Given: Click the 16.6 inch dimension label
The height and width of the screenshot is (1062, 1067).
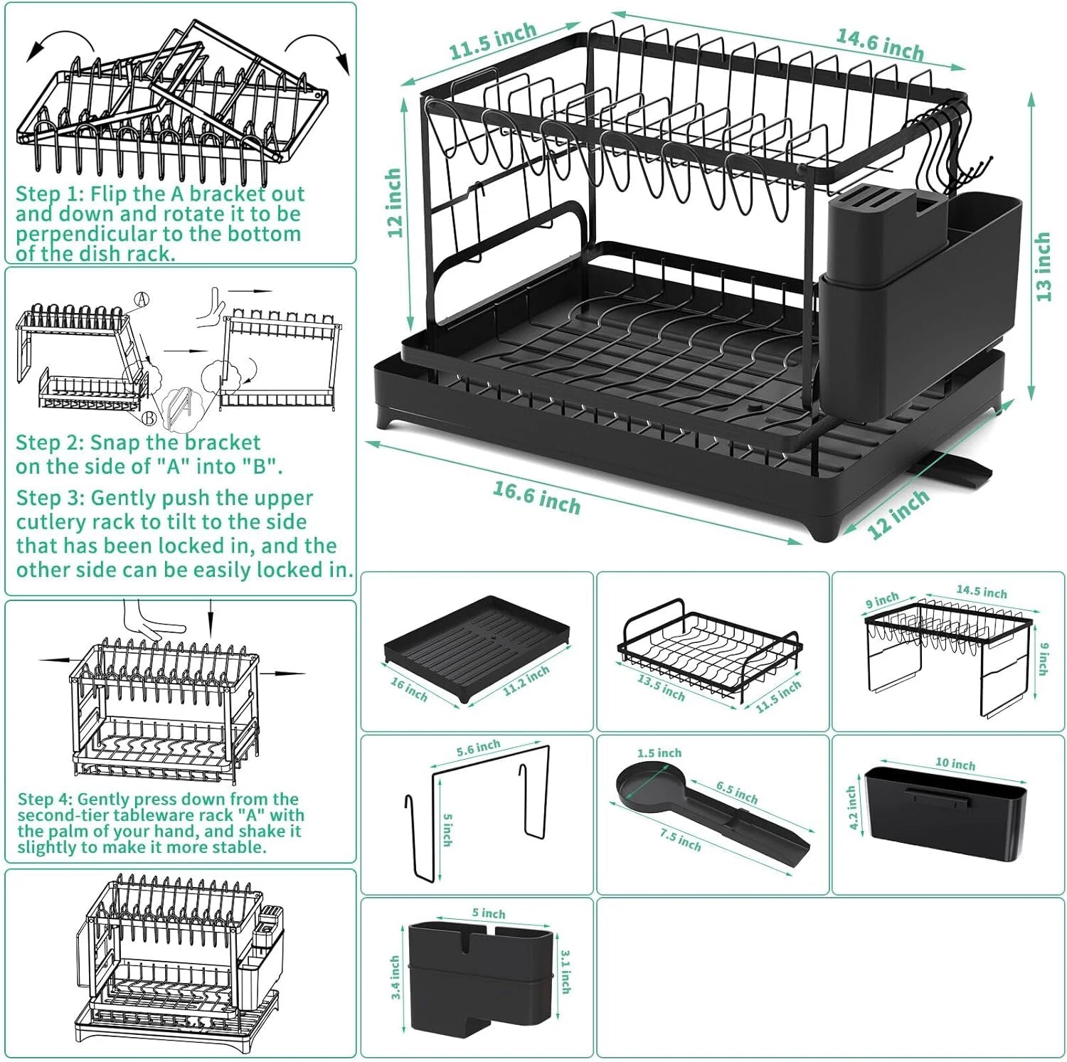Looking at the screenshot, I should pyautogui.click(x=537, y=497).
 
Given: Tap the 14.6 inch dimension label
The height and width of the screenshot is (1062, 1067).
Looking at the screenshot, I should pyautogui.click(x=879, y=44).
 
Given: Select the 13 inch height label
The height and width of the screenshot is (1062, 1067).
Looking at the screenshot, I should pyautogui.click(x=1043, y=267).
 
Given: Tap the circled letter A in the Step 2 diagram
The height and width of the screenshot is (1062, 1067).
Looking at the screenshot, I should pyautogui.click(x=142, y=299).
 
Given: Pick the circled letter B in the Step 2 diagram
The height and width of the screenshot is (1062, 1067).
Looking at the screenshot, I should pyautogui.click(x=149, y=418).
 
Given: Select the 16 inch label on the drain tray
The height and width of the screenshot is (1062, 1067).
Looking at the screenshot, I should pyautogui.click(x=409, y=689).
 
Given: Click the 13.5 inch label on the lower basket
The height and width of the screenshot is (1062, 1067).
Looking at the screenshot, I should pyautogui.click(x=661, y=688).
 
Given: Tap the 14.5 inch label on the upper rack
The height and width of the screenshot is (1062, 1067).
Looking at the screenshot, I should pyautogui.click(x=981, y=592).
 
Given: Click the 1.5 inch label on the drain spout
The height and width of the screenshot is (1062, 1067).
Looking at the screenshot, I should pyautogui.click(x=659, y=753).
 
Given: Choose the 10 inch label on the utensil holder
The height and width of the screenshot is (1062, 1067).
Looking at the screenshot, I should pyautogui.click(x=955, y=764).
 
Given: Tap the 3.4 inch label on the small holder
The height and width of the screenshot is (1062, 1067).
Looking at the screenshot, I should pyautogui.click(x=396, y=977).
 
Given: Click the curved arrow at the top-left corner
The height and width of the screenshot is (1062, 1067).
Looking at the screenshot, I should pyautogui.click(x=60, y=43).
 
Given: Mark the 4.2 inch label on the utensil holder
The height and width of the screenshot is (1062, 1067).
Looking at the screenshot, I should pyautogui.click(x=852, y=807).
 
